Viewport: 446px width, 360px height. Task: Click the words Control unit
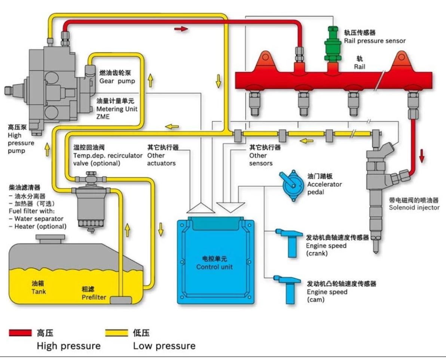(x=214, y=267)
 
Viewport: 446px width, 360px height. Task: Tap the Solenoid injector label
(x=414, y=207)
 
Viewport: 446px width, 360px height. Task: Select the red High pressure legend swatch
(x=20, y=333)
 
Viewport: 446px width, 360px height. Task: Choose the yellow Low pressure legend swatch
(x=116, y=333)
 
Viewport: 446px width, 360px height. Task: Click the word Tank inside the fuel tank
(x=39, y=291)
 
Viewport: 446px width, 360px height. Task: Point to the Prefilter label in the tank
(x=94, y=298)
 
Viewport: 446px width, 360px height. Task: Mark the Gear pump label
(x=117, y=81)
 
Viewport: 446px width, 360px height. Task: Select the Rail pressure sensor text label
(x=375, y=41)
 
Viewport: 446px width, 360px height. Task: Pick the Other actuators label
(x=161, y=159)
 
